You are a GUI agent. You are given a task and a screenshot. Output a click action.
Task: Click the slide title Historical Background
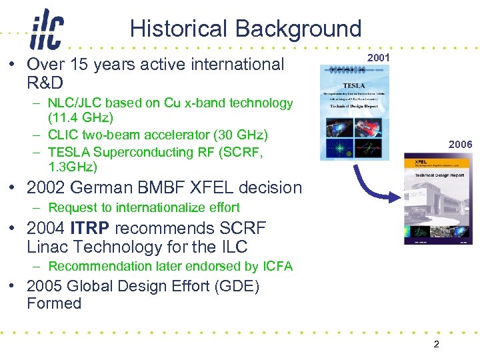[x=245, y=29]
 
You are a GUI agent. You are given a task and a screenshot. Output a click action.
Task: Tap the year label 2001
[x=379, y=59]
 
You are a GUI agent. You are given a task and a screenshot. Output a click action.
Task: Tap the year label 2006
[x=460, y=145]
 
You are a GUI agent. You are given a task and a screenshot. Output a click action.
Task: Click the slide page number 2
[x=436, y=345]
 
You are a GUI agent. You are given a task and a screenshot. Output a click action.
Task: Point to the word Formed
[x=54, y=303]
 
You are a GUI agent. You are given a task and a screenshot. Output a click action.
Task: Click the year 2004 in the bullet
[x=45, y=229]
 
